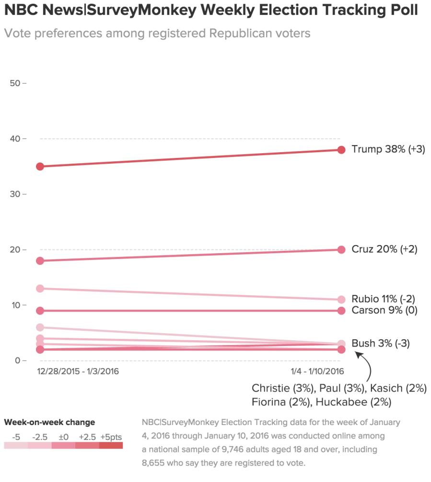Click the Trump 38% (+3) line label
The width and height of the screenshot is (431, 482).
(x=388, y=149)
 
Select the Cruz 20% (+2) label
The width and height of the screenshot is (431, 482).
(x=384, y=249)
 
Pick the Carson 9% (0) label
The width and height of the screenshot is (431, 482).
(x=384, y=310)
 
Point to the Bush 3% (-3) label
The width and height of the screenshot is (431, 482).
(x=381, y=343)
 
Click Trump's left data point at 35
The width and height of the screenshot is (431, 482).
(x=40, y=167)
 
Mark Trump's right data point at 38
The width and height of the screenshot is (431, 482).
(x=341, y=150)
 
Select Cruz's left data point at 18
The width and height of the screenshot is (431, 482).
(x=40, y=261)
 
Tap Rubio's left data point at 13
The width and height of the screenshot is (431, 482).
(x=40, y=289)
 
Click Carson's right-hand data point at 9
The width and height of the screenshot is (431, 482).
(x=341, y=311)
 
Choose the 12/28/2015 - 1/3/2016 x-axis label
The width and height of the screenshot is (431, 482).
(x=78, y=371)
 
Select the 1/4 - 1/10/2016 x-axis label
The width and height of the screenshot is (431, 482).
(x=316, y=371)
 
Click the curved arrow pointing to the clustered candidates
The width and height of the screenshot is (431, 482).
(x=367, y=366)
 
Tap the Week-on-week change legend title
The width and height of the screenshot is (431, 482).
(x=49, y=422)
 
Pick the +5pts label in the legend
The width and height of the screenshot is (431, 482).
(x=111, y=437)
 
